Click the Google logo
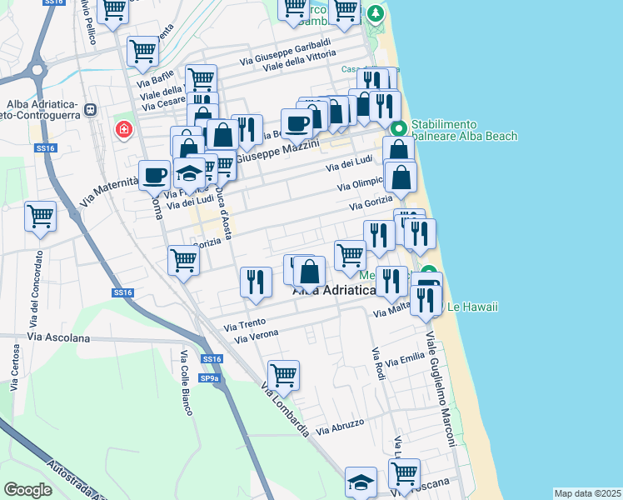pos(27,490)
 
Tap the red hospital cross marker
pos(124,131)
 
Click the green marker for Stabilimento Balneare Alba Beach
pos(398,129)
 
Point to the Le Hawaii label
pos(472,307)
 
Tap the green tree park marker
pos(376,14)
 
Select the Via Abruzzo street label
pos(340,424)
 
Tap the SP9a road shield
pos(212,379)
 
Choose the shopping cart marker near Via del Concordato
pos(41,217)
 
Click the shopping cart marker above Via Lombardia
pos(284,376)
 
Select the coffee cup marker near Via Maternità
pos(154,175)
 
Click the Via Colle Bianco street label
pos(186,382)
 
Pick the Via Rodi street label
pos(379,363)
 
